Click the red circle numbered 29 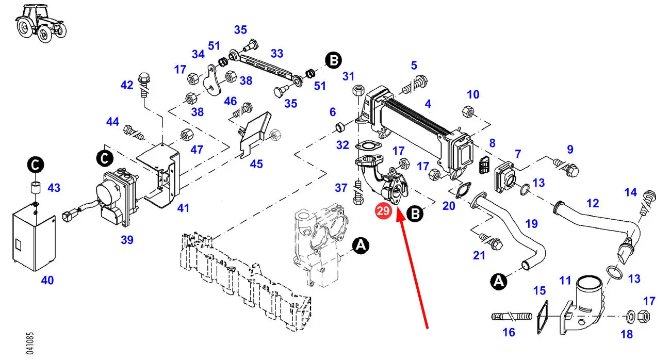(383, 211)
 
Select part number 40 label (47, 281)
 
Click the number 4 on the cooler (428, 104)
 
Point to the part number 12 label (593, 203)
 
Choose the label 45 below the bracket (256, 164)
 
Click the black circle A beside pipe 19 (498, 281)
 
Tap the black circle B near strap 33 (334, 61)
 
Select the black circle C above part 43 (35, 166)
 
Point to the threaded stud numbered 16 (509, 315)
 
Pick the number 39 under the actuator (127, 239)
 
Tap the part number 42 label (127, 85)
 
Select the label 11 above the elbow (565, 281)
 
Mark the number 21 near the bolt (479, 255)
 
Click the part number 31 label (349, 76)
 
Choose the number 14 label (630, 192)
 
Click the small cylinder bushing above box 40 (35, 187)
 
